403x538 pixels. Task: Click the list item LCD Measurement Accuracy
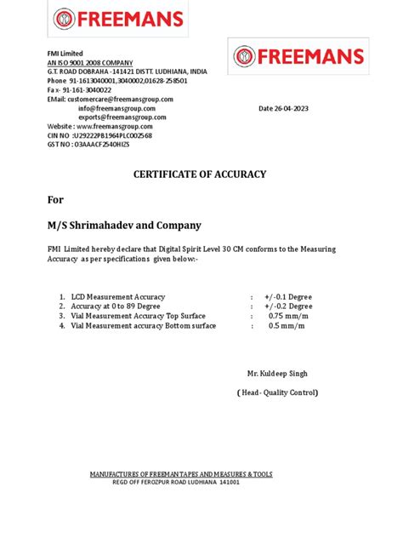(118, 296)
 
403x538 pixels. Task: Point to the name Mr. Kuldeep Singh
(277, 374)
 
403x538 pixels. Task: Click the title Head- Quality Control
(277, 392)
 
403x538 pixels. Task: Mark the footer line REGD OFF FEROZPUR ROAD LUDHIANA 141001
(176, 481)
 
